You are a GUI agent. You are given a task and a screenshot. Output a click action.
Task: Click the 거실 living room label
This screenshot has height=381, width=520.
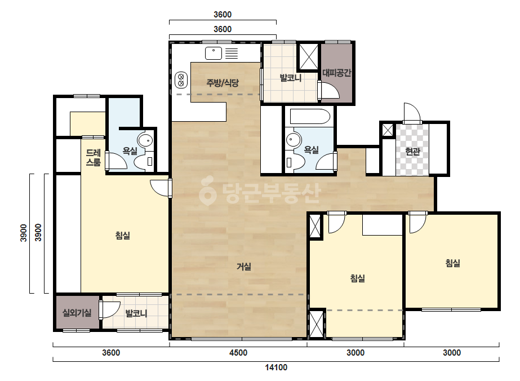pos(244,267)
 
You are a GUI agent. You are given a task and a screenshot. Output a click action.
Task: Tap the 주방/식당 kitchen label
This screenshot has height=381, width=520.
pos(223,82)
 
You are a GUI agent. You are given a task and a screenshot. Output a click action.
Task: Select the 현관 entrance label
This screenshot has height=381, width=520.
pos(412,152)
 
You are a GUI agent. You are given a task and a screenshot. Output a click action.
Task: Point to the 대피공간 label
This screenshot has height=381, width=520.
pos(336,73)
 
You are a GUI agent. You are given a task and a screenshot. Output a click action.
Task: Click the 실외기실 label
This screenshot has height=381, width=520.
pos(77,313)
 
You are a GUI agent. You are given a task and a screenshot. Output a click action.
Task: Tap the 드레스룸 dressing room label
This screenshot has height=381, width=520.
pos(93,157)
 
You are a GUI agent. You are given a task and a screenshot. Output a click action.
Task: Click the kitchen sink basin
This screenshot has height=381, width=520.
pos(214,53)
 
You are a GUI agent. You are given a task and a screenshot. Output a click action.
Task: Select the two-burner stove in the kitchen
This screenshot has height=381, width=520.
pos(181,80)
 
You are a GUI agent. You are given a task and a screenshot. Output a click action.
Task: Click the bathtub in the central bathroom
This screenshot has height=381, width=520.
pos(310,116)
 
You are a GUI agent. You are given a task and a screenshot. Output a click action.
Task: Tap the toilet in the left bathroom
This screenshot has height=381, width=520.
pos(143,162)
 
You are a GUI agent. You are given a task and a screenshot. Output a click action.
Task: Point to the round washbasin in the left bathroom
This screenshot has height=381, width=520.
pos(145,140)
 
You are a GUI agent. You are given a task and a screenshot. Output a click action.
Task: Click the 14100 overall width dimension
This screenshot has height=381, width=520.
pos(276,367)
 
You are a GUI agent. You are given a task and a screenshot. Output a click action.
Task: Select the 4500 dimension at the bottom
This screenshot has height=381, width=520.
pos(238,352)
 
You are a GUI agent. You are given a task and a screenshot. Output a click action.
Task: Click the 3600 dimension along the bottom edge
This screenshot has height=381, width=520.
pos(111,352)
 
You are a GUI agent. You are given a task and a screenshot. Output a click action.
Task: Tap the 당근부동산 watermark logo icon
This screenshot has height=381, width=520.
pos(207,191)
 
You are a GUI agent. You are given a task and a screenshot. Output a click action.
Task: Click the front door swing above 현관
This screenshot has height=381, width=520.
pos(412,113)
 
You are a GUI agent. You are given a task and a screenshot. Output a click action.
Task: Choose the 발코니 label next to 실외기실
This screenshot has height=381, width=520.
pos(136,313)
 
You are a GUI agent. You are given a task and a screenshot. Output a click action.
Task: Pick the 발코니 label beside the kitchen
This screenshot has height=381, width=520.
pos(291,78)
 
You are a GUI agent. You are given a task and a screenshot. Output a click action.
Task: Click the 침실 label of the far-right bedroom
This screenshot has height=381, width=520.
pos(453,263)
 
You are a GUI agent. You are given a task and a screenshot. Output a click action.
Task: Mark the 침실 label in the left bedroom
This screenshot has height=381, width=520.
pos(122,235)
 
